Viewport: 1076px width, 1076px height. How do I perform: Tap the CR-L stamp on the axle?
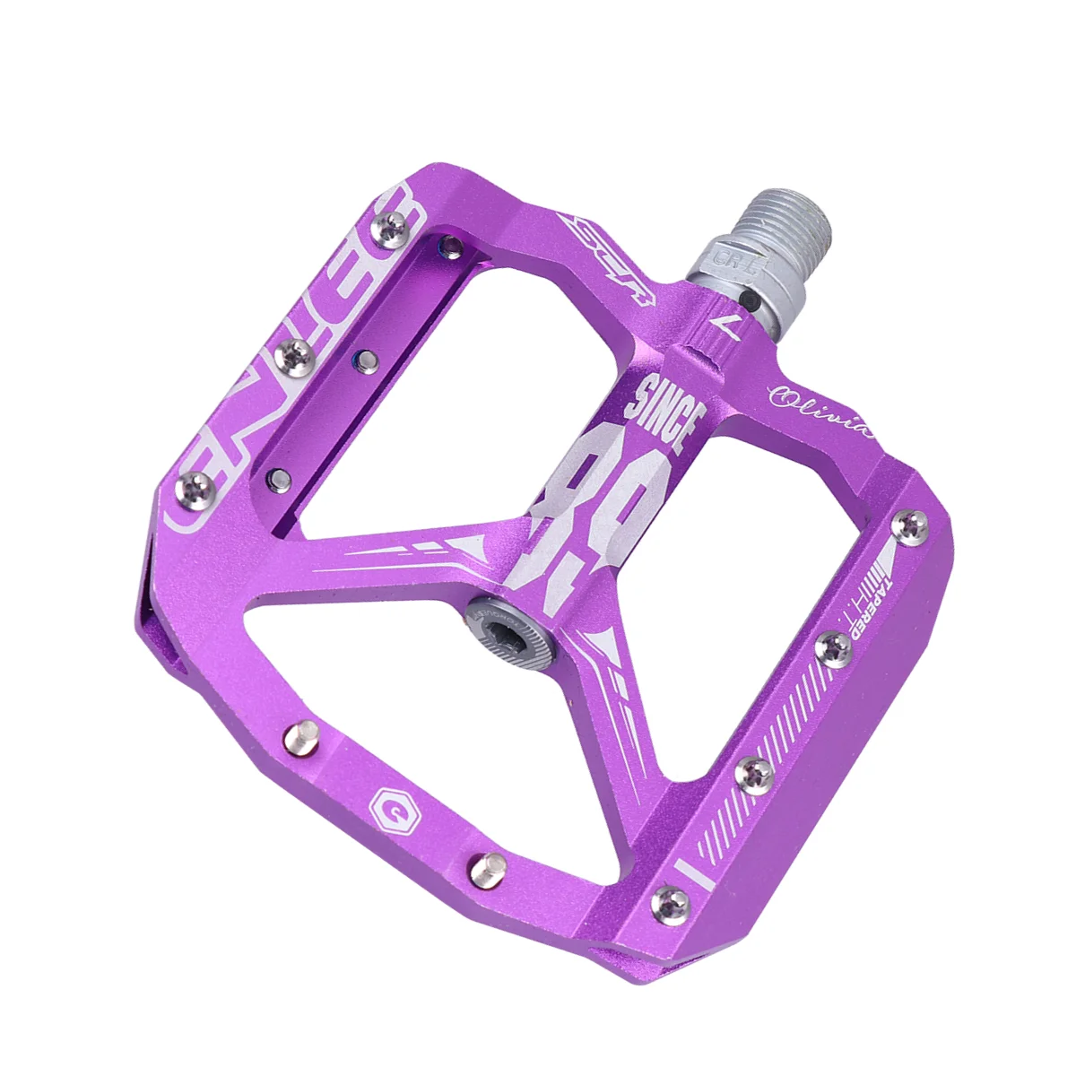[731, 259]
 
